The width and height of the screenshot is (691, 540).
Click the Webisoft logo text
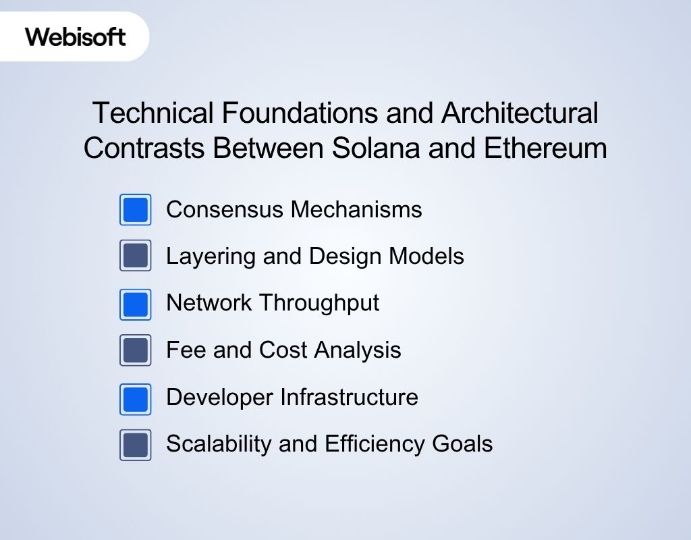point(76,36)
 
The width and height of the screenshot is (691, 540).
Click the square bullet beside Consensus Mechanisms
point(136,210)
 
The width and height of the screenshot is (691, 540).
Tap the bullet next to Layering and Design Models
point(136,256)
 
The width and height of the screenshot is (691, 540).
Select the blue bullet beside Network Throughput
point(136,304)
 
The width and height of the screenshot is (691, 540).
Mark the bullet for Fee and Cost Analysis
point(136,350)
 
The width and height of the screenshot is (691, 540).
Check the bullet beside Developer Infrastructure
point(136,398)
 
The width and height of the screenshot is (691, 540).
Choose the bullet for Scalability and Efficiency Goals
point(136,445)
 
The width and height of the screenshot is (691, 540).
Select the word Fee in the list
point(179,350)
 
